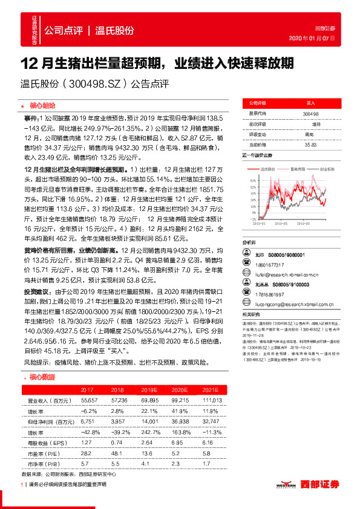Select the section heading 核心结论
click(x=42, y=105)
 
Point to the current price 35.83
click(x=310, y=144)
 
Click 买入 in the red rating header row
click(x=310, y=103)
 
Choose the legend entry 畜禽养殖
click(x=296, y=170)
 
